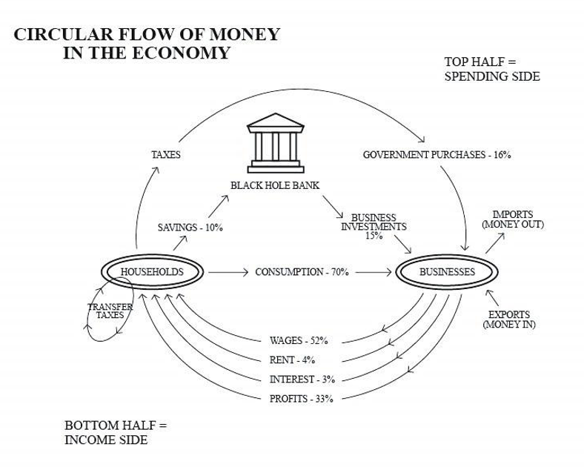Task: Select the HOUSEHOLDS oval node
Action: tap(151, 272)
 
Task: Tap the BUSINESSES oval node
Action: tap(447, 272)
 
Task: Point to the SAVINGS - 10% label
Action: tap(190, 228)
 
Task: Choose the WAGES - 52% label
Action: tap(299, 341)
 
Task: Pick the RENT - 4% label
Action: tap(293, 360)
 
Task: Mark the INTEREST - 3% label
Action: tap(302, 380)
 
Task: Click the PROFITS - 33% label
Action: tap(301, 399)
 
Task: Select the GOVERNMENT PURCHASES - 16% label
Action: tap(437, 155)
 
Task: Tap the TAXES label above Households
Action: tap(166, 155)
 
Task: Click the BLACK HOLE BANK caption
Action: tap(275, 185)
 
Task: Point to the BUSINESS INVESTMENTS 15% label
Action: tap(374, 227)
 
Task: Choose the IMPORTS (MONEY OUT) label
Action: tap(513, 219)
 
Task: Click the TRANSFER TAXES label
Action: tap(110, 311)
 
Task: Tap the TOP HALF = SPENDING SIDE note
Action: tap(491, 69)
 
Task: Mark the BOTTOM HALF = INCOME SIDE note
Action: tap(116, 433)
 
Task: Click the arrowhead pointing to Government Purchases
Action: tap(424, 139)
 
